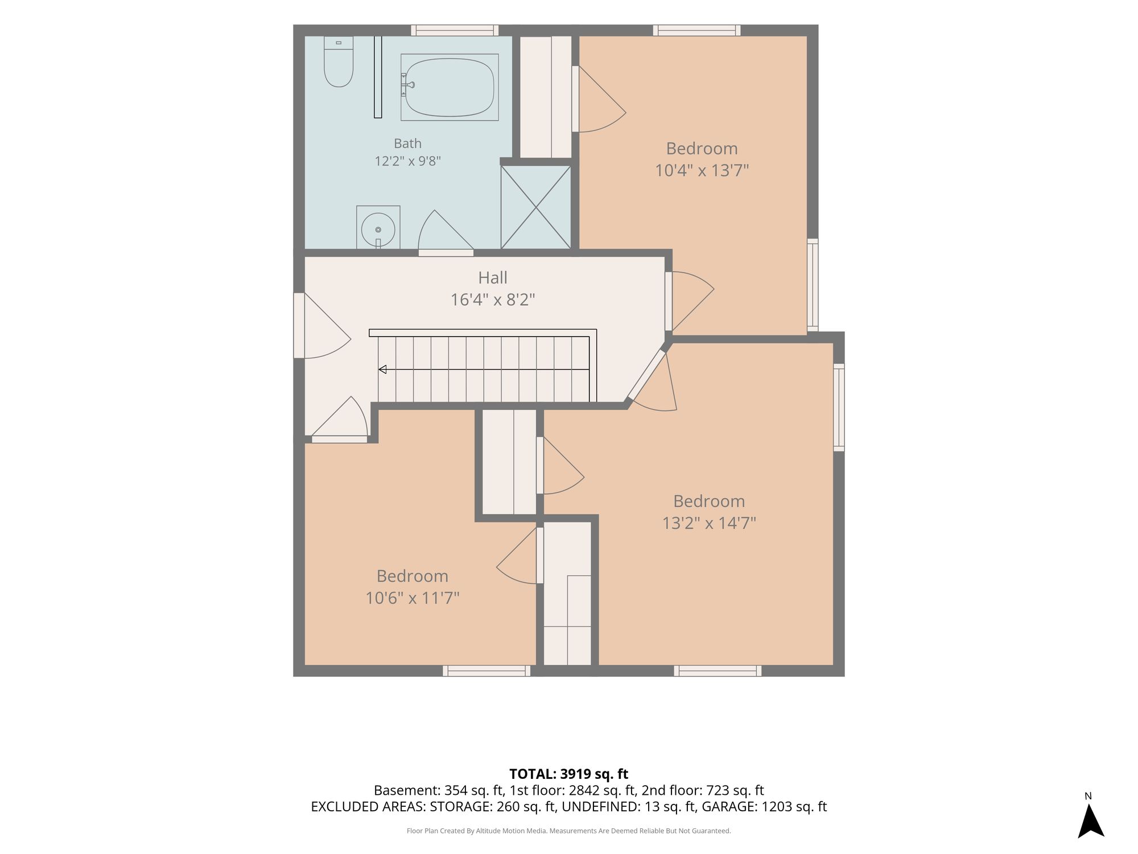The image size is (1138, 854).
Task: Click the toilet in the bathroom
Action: pos(339,61)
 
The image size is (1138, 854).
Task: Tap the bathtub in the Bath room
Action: pos(450,87)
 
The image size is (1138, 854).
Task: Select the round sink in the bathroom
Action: pos(378,229)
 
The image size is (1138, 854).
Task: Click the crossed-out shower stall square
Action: pos(535,207)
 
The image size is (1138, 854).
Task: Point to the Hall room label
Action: pos(493,278)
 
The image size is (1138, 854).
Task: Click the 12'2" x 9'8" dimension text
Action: pos(407,161)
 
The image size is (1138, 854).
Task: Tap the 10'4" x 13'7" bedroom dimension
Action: pos(702,170)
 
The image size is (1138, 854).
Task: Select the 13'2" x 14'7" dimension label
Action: pos(709,523)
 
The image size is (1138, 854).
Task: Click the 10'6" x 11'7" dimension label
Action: pos(413,598)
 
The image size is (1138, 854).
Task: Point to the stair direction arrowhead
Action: pos(382,369)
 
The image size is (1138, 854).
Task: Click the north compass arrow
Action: pos(1091,821)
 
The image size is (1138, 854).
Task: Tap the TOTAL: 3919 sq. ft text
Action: pos(568,774)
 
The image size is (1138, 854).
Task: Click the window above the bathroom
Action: pos(455,30)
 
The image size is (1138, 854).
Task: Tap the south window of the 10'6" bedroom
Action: pos(486,671)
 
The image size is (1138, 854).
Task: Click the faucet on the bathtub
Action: pos(407,85)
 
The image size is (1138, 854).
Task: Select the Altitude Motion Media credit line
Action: pos(568,831)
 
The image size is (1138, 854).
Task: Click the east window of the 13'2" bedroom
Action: pos(839,408)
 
